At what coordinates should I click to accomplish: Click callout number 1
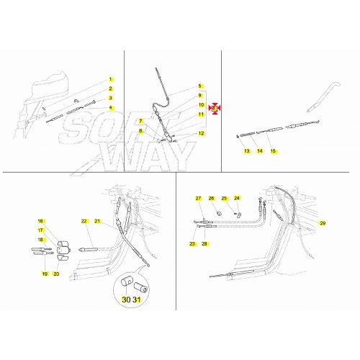coord(110,79)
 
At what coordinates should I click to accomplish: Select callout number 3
coord(110,98)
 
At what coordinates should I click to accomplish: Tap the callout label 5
coord(199,86)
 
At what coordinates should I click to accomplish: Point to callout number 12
coord(201,133)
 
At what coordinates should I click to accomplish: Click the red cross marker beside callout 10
coord(215,109)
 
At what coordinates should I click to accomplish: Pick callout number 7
coord(140,122)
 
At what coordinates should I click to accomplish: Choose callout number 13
coord(247,151)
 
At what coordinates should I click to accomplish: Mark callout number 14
coord(260,151)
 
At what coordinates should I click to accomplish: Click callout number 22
coord(84,221)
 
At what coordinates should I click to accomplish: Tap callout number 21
coord(97,221)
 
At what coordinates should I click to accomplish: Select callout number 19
coord(45,274)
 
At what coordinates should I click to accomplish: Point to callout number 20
coord(56,274)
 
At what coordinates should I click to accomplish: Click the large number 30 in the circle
coord(126,300)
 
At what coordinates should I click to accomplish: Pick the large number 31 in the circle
coord(137,300)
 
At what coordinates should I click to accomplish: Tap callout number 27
coord(198,198)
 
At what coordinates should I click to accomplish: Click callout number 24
coord(237,198)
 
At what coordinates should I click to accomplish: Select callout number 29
coord(323,223)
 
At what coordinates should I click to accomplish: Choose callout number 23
coord(192,244)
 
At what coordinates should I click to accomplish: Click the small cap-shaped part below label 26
coord(219,213)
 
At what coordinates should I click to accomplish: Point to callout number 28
coord(204,244)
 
